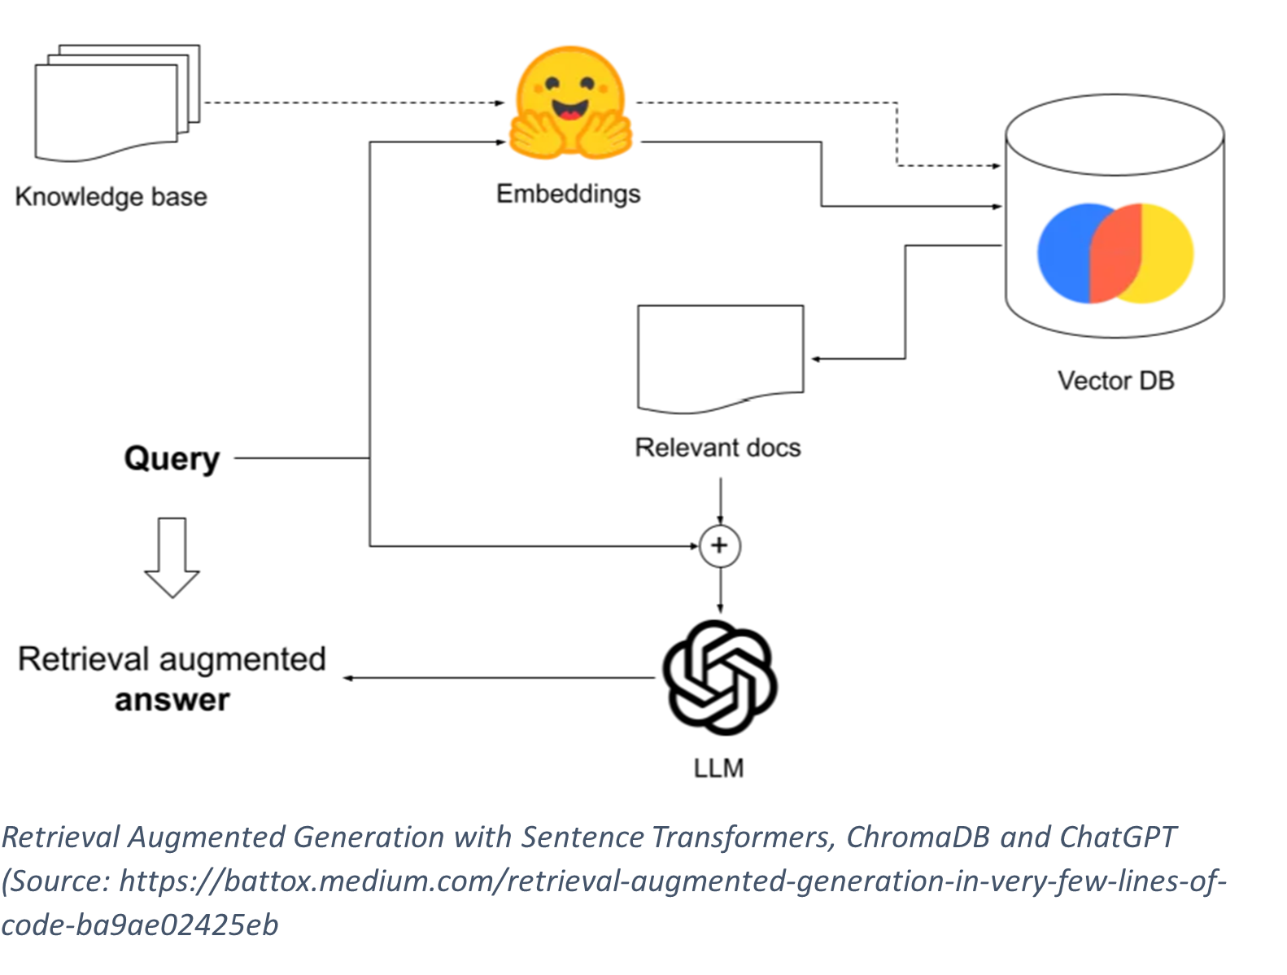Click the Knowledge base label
pos(111,197)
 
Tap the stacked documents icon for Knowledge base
pos(116,103)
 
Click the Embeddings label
pos(568,194)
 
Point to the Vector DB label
pos(1115,380)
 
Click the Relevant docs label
pos(718,448)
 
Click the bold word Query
pos(172,459)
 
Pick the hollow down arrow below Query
pos(172,557)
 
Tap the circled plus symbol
pos(720,545)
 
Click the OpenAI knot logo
pos(719,677)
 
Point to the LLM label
pos(718,768)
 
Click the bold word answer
pos(172,700)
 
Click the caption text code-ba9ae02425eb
pos(140,925)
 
